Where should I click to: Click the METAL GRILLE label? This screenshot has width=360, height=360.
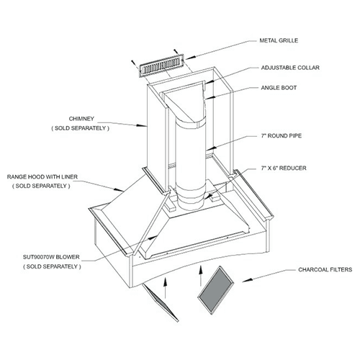pyautogui.click(x=279, y=40)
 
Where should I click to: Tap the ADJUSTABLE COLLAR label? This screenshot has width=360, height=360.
pyautogui.click(x=290, y=68)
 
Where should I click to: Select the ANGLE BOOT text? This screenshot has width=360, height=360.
pyautogui.click(x=279, y=88)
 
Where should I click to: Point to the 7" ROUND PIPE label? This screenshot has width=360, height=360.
pyautogui.click(x=282, y=136)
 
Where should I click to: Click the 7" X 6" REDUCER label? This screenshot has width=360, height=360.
pyautogui.click(x=284, y=168)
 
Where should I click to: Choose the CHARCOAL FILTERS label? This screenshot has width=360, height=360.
pyautogui.click(x=325, y=270)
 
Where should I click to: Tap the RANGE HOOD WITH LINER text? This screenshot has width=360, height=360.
pyautogui.click(x=42, y=177)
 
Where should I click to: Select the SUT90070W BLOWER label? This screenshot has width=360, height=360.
pyautogui.click(x=51, y=257)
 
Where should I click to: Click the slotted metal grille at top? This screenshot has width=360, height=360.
pyautogui.click(x=162, y=66)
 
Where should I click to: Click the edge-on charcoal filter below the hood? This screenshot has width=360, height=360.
pyautogui.click(x=161, y=302)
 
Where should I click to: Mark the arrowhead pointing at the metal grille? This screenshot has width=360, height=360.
pyautogui.click(x=189, y=58)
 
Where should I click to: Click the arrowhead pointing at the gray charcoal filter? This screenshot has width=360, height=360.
pyautogui.click(x=247, y=280)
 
